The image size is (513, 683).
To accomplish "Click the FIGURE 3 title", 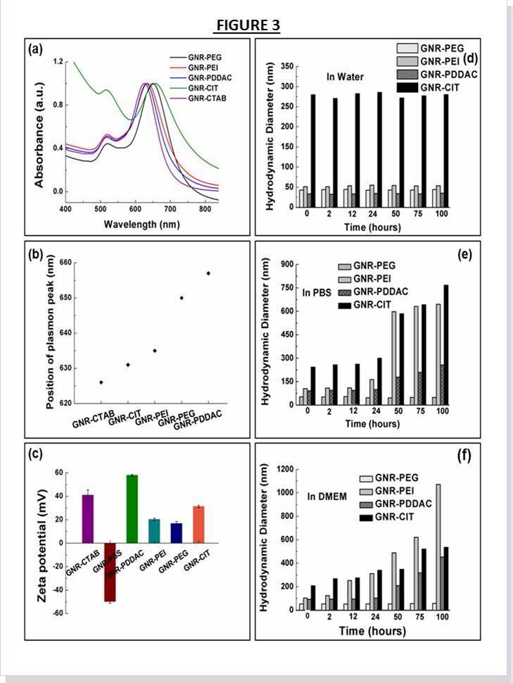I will tap(247, 26).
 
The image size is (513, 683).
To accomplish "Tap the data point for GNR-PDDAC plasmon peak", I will tap(208, 273).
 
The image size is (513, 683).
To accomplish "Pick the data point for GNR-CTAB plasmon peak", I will tap(101, 382).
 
